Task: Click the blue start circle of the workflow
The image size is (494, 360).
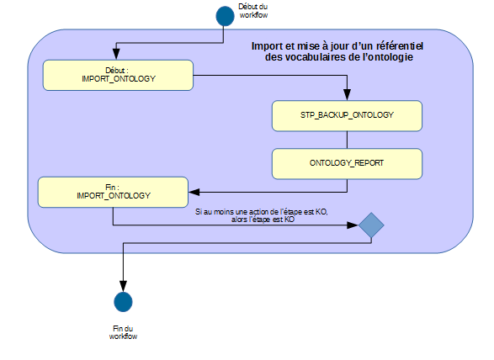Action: point(225,16)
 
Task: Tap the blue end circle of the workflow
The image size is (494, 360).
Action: point(123,302)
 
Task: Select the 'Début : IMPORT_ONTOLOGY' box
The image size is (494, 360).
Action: point(118,75)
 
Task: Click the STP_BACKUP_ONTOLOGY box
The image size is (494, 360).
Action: point(347,116)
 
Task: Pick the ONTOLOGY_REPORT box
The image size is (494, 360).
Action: point(347,164)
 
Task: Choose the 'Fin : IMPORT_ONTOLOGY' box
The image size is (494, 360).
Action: point(113,192)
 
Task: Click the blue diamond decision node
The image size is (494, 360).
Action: point(371,225)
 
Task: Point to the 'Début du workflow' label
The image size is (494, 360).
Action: point(253,11)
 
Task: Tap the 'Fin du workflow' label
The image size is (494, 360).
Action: point(123,332)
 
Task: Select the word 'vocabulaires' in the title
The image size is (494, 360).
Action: point(313,57)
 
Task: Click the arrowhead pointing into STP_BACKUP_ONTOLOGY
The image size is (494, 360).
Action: point(347,94)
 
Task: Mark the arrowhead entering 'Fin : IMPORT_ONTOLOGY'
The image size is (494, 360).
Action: point(194,192)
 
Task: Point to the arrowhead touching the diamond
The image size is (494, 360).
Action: point(353,225)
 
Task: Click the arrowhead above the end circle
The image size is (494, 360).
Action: point(123,286)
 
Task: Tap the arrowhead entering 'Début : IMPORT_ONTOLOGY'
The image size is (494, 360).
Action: point(116,54)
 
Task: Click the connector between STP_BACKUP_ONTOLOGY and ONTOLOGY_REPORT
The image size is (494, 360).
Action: point(347,140)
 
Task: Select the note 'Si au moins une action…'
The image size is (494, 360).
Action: point(262,216)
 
